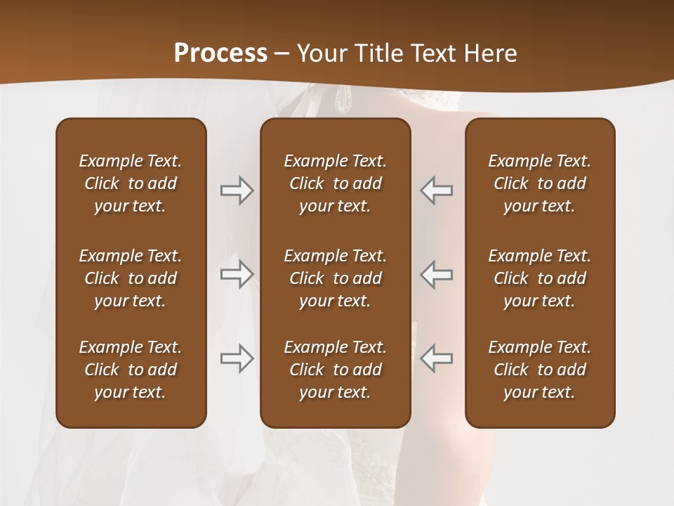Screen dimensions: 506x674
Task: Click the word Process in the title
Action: point(220,53)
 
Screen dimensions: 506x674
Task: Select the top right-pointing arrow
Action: point(237,190)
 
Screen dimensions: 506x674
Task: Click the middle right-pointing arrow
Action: point(237,274)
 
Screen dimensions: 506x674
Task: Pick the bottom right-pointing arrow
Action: point(237,358)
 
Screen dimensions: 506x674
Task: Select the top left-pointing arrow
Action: point(436,190)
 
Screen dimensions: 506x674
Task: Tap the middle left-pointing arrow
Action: point(436,274)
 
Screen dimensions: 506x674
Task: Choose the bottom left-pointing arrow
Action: point(436,358)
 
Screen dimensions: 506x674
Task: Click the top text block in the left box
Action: point(131,183)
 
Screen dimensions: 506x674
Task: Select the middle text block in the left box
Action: point(131,278)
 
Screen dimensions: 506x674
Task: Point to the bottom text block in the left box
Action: point(131,370)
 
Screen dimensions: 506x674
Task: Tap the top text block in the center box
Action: point(335,183)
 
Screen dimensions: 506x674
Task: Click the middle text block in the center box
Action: point(335,278)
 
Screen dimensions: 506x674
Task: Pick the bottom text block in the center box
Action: point(335,370)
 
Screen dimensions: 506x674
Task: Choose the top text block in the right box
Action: point(539,183)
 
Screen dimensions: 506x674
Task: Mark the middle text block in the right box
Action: point(539,278)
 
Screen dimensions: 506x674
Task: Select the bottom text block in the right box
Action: point(539,370)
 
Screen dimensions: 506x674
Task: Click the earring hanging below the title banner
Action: point(343,100)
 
